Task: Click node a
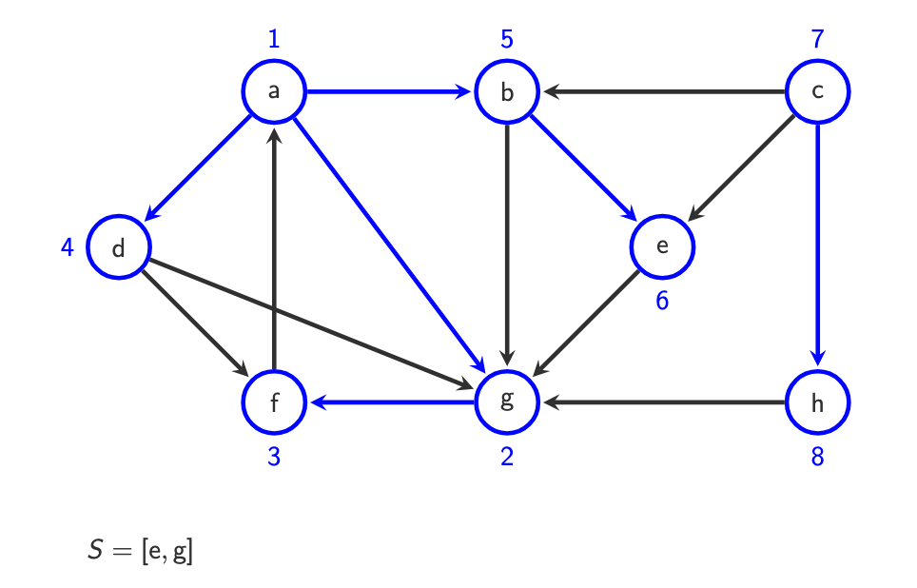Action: [274, 92]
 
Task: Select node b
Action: [507, 92]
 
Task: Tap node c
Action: [817, 92]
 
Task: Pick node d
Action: [119, 247]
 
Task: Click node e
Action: [662, 246]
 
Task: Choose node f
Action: [274, 402]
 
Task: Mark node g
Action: [507, 402]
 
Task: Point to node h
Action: [817, 402]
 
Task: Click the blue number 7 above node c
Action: [817, 39]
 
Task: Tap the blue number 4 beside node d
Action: [67, 247]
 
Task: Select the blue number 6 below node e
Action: [662, 301]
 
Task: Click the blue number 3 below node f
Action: [274, 457]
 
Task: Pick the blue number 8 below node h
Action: [817, 457]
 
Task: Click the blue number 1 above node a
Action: [274, 39]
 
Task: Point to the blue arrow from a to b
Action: [390, 92]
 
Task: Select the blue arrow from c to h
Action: [817, 247]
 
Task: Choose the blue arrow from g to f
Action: [390, 402]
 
